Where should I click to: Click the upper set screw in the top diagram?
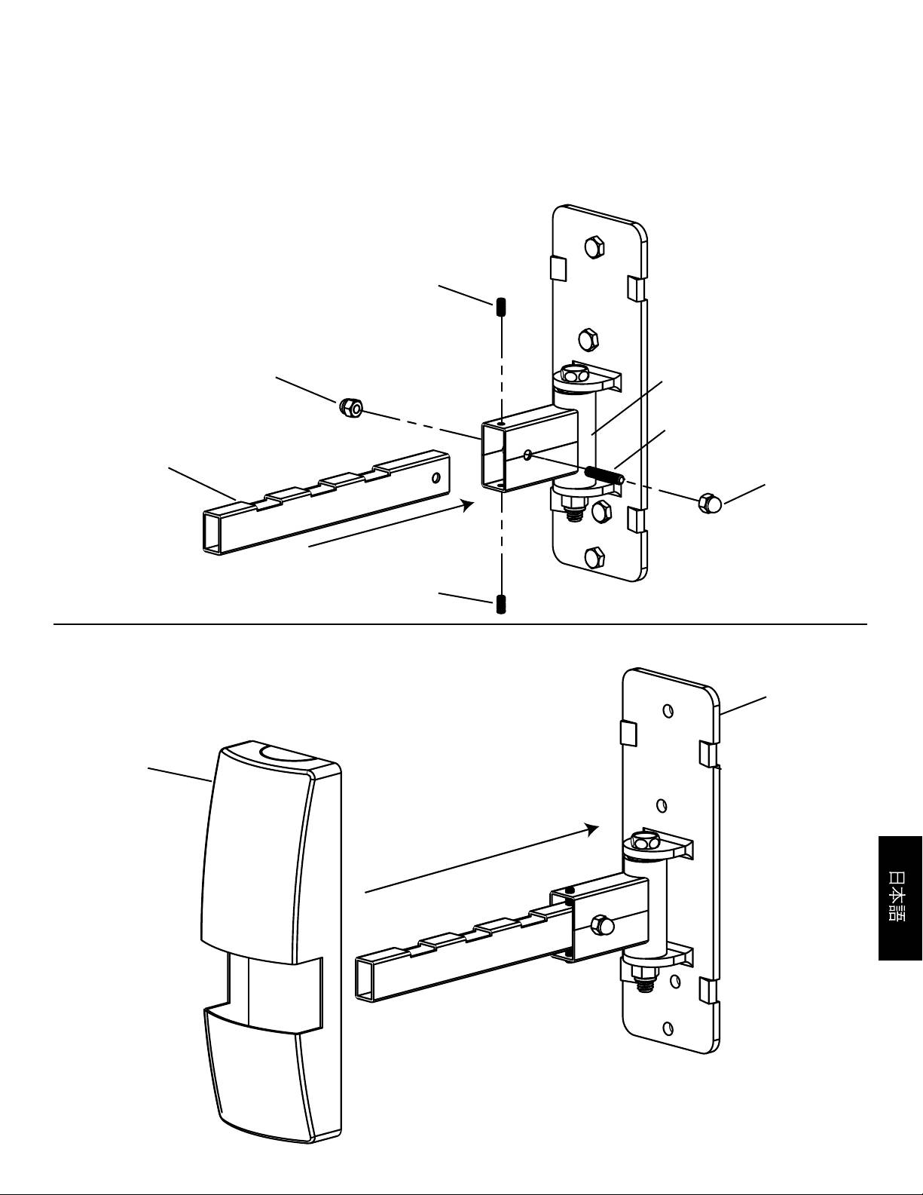coord(501,308)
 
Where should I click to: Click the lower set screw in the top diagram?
coord(501,604)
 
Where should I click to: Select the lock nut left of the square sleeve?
coord(350,407)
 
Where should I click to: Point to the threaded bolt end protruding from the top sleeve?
coord(604,474)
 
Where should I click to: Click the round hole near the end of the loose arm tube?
coord(436,477)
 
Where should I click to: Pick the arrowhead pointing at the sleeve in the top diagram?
coord(468,505)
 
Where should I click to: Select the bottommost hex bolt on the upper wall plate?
coord(595,558)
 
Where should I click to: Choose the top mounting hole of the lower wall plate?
coord(668,710)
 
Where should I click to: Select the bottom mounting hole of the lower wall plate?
coord(668,1027)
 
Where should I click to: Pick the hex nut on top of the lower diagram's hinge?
coord(642,841)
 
